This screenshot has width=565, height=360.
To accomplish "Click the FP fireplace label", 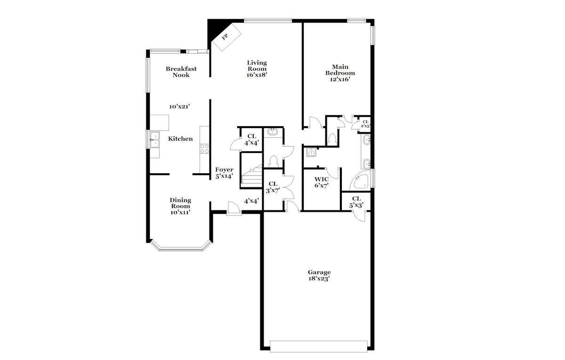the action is click(225, 37).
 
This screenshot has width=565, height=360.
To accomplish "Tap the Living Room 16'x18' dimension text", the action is click(257, 75).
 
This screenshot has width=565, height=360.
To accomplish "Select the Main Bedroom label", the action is click(340, 70).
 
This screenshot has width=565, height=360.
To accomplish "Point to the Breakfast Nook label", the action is click(181, 72).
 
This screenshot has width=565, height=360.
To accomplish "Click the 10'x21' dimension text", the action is click(179, 107).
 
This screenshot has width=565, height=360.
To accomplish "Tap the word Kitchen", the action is click(180, 139).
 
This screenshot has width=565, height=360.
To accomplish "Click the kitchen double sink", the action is click(154, 139).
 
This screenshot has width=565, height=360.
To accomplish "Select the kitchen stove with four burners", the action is click(204, 149).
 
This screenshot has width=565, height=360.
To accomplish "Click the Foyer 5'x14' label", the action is click(224, 173).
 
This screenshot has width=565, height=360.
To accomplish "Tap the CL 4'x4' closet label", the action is click(252, 140).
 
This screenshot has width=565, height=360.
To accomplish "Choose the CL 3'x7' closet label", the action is click(273, 187).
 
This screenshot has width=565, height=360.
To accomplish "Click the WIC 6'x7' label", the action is click(322, 183).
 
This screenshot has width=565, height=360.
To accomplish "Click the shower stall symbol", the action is click(312, 152).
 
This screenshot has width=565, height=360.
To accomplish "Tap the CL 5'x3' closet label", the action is click(356, 202).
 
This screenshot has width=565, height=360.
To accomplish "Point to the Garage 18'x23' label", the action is click(319, 275).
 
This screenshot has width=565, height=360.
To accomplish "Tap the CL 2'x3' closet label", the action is click(365, 124).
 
